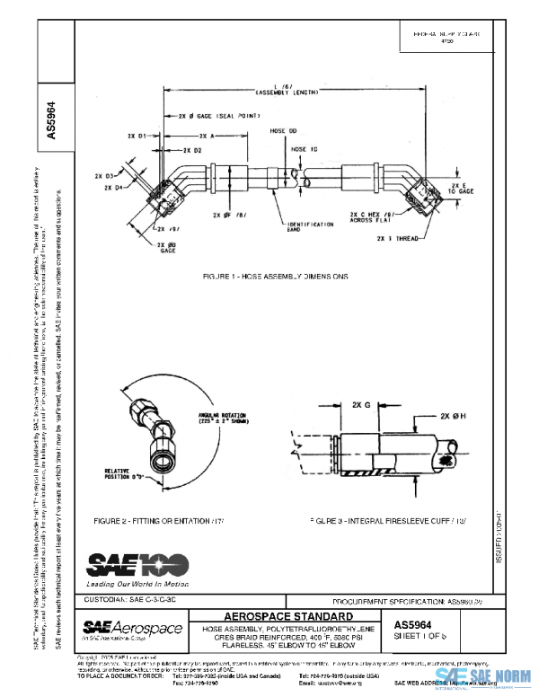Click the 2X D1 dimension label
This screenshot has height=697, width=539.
[137, 135]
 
